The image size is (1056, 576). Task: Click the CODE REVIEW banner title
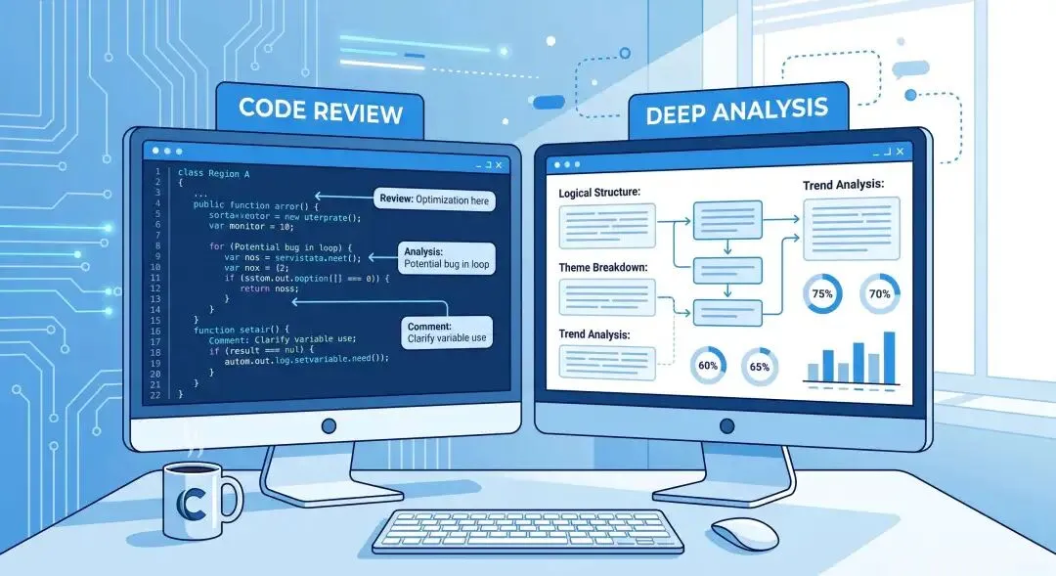pyautogui.click(x=321, y=112)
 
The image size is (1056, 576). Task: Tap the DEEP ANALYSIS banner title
pyautogui.click(x=736, y=112)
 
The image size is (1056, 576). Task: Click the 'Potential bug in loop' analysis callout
pyautogui.click(x=446, y=257)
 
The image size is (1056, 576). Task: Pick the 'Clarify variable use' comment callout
pyautogui.click(x=448, y=332)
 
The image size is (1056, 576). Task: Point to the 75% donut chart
pyautogui.click(x=821, y=293)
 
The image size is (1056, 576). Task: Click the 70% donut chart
pyautogui.click(x=879, y=293)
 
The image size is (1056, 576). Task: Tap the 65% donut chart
pyautogui.click(x=759, y=366)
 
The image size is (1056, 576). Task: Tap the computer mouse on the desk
pyautogui.click(x=744, y=533)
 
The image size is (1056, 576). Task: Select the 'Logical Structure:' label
pyautogui.click(x=599, y=193)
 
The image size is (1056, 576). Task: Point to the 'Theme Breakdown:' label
pyautogui.click(x=603, y=267)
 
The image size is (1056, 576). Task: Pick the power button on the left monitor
pyautogui.click(x=329, y=425)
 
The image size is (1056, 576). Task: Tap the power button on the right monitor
pyautogui.click(x=725, y=425)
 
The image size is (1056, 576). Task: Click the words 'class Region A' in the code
pyautogui.click(x=213, y=172)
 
